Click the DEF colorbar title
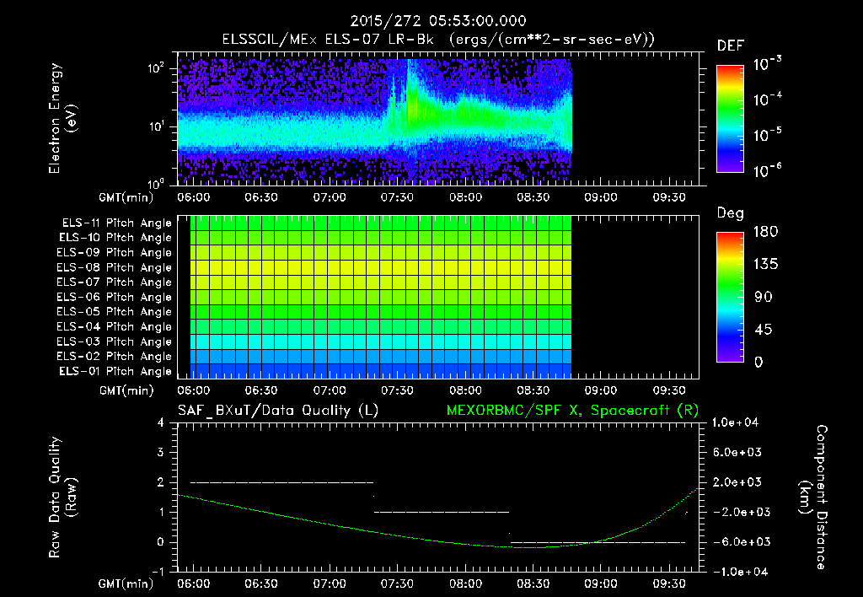click(730, 46)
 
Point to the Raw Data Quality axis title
click(63, 497)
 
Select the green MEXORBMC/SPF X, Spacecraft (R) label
click(571, 410)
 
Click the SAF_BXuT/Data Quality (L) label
click(276, 410)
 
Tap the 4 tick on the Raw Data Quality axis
click(160, 423)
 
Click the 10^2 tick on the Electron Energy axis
click(158, 68)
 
